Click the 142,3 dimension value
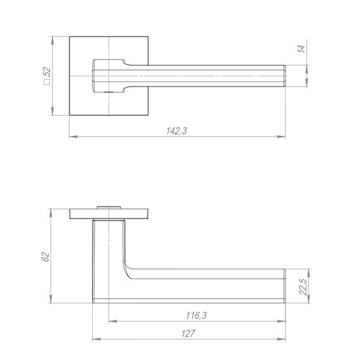tap(177, 131)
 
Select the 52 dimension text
tap(47, 71)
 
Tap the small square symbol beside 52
tap(47, 82)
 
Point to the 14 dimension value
tap(302, 49)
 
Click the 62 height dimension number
tap(45, 256)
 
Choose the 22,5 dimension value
tap(303, 287)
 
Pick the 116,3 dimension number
tap(196, 315)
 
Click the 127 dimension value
tap(188, 333)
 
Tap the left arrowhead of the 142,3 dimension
tap(73, 137)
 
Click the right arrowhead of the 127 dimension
tap(281, 339)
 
